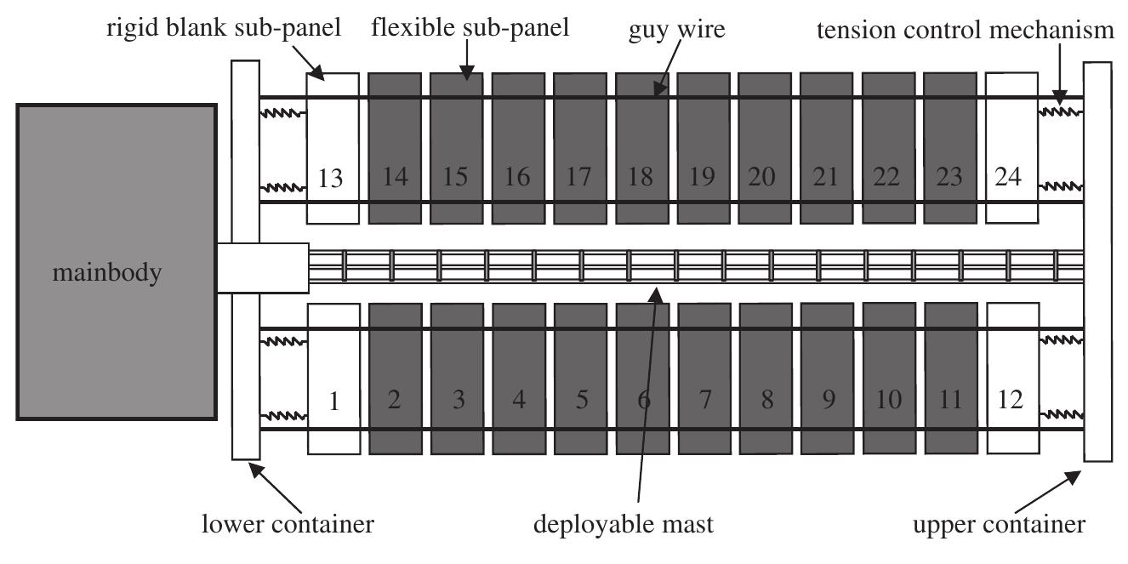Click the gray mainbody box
(x=116, y=262)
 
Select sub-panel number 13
(x=333, y=148)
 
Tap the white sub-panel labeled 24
(x=1011, y=148)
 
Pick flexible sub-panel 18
(x=641, y=148)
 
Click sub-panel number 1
(x=333, y=378)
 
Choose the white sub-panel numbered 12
(x=1011, y=378)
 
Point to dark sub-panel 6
(x=641, y=378)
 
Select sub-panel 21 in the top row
(x=827, y=148)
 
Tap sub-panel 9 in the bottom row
(x=827, y=378)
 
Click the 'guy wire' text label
(x=677, y=31)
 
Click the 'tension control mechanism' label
(x=965, y=31)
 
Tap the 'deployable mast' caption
(x=623, y=524)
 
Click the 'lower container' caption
(x=288, y=524)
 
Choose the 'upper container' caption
(x=999, y=524)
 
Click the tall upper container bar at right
(x=1097, y=262)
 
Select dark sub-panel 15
(x=456, y=148)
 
